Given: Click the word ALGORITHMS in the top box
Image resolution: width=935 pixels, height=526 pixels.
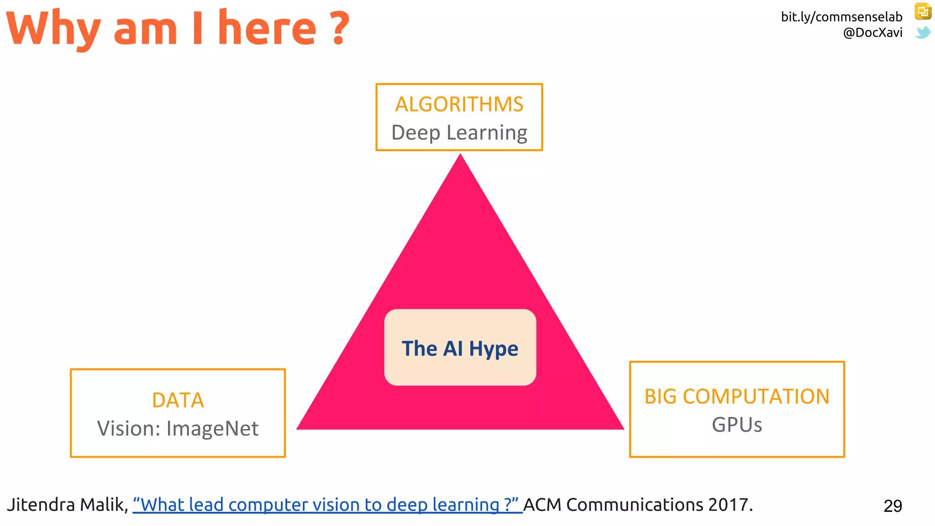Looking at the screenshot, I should pyautogui.click(x=459, y=105).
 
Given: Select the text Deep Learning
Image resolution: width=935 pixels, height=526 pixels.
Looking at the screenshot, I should pyautogui.click(x=459, y=133).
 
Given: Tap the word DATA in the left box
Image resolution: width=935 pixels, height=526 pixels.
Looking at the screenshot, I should pyautogui.click(x=178, y=400).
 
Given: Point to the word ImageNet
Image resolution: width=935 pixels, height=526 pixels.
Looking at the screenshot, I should pyautogui.click(x=212, y=429).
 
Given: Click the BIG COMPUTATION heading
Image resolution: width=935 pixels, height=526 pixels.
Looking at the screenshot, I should pyautogui.click(x=736, y=397).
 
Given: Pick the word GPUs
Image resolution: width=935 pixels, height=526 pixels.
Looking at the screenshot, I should pyautogui.click(x=736, y=425).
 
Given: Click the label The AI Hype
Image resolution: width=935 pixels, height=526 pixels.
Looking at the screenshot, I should pyautogui.click(x=460, y=348).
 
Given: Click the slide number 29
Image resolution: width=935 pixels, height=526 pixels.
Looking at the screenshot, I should pyautogui.click(x=893, y=506).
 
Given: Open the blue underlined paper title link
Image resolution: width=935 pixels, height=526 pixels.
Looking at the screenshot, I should pyautogui.click(x=327, y=505).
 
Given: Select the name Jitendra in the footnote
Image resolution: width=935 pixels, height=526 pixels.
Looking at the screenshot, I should pyautogui.click(x=41, y=505).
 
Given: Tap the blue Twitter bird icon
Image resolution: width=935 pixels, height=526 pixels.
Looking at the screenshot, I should pyautogui.click(x=923, y=33).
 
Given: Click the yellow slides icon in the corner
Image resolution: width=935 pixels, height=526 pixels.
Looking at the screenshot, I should pyautogui.click(x=923, y=11).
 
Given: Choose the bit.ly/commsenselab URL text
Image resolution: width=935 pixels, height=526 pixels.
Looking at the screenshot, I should pyautogui.click(x=841, y=17).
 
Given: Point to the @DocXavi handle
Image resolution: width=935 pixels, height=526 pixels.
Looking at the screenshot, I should pyautogui.click(x=872, y=33).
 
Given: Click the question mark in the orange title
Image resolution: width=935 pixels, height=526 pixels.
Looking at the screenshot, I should pyautogui.click(x=339, y=29).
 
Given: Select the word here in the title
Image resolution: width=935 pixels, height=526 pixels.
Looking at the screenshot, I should pyautogui.click(x=267, y=28).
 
